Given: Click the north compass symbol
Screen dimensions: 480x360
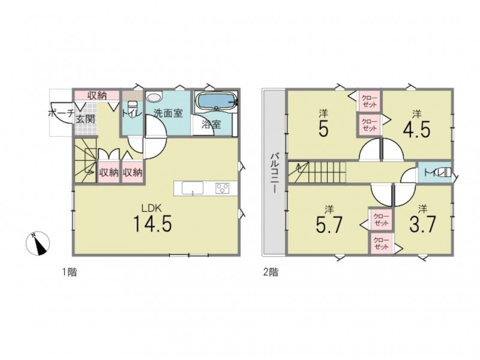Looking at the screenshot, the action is tap(37, 244).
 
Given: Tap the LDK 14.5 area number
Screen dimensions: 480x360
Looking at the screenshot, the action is tap(152, 223).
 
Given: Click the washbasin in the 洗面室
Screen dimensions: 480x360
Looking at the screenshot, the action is tap(154, 97).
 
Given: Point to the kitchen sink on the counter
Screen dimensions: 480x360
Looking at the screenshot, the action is tap(193, 187).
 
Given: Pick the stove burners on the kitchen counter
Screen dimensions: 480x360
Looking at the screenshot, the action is tap(223, 188).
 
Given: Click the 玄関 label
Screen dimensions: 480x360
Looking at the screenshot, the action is tap(85, 119).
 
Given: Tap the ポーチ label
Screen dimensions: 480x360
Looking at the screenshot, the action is tap(61, 113).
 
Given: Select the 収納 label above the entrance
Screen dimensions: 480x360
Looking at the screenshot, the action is tap(97, 95).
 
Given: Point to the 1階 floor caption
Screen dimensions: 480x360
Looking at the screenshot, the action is tap(70, 272).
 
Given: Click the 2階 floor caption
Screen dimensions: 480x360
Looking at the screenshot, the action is tap(271, 272).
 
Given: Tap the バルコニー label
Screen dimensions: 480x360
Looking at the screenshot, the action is tap(274, 173).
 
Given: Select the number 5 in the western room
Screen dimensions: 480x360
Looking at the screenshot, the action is tap(323, 128).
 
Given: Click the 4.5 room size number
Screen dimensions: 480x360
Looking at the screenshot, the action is tap(416, 129).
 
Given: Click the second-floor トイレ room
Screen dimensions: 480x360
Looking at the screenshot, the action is tap(435, 173).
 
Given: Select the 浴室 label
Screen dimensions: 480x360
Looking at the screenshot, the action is tap(211, 124).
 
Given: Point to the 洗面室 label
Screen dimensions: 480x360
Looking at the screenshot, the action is tap(168, 113).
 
